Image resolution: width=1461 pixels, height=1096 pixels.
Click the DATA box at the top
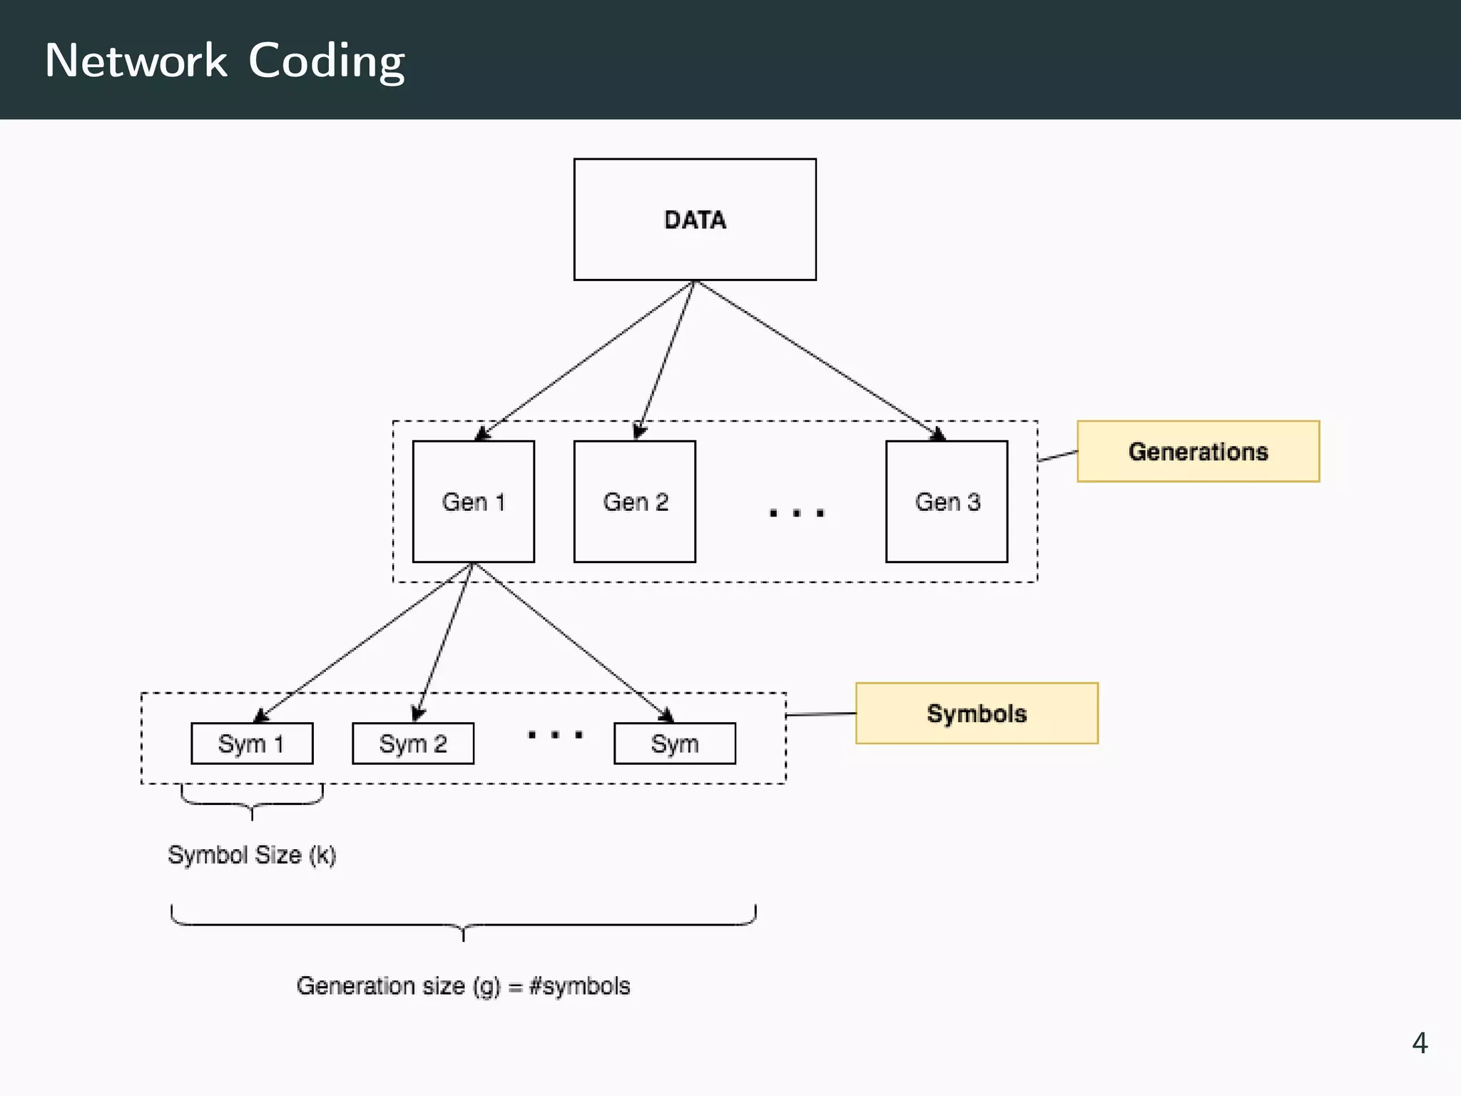695,219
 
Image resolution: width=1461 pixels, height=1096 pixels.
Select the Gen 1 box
473,502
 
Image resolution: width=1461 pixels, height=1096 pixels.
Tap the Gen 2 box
635,502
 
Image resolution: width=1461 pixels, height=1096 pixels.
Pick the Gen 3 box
947,502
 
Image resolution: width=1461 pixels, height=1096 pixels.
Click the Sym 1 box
252,744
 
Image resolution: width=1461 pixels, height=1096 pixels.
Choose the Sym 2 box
413,744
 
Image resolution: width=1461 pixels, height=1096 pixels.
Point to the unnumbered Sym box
675,744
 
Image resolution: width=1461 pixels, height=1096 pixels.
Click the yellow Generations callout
1198,452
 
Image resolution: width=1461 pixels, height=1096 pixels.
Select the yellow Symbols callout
977,714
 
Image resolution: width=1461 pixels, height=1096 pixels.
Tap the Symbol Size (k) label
252,855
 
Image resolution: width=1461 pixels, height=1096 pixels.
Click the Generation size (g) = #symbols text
464,986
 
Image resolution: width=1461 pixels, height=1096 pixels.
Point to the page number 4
1419,1043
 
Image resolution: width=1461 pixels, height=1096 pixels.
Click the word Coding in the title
327,61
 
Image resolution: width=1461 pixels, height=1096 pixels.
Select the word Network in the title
136,61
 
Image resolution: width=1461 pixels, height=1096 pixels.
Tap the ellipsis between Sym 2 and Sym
555,734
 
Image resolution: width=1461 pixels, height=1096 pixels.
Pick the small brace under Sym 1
252,802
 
